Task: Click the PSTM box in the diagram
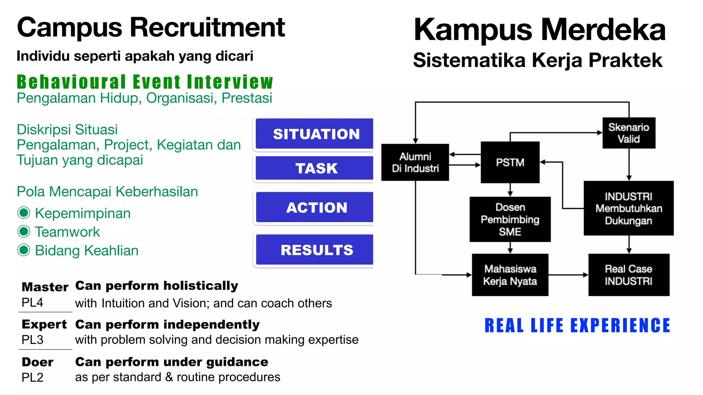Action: click(510, 162)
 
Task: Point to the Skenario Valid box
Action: click(629, 133)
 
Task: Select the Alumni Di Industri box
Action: click(415, 162)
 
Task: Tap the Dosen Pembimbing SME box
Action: click(510, 219)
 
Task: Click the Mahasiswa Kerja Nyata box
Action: click(510, 275)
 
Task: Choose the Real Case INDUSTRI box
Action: click(629, 275)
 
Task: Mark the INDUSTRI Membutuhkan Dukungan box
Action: click(629, 208)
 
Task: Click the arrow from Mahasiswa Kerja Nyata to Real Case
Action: click(568, 275)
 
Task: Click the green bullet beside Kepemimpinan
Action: click(24, 213)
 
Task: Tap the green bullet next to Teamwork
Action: click(24, 231)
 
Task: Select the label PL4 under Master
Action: click(32, 302)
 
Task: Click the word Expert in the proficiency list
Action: click(44, 324)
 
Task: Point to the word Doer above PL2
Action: click(37, 362)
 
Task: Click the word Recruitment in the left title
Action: click(207, 27)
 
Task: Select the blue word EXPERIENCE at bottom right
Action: click(620, 325)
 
